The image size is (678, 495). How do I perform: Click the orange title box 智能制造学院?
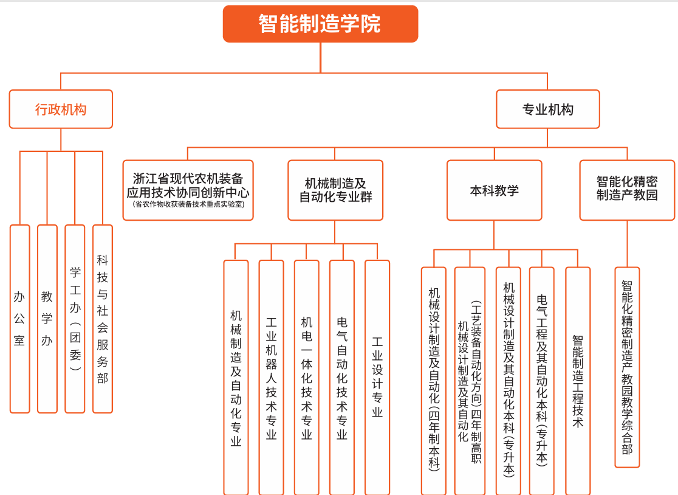pos(320,24)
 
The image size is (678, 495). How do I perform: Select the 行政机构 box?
pos(61,109)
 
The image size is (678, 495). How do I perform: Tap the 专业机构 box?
pos(548,109)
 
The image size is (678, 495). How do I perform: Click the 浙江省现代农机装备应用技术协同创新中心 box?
pos(188,190)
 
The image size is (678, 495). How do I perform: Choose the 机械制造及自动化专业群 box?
pos(335,190)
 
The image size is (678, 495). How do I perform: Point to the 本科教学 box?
pos(495,190)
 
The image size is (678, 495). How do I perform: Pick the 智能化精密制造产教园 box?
pos(627,190)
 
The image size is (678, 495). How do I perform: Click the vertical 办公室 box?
pos(20,319)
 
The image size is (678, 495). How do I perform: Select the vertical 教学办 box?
pos(47,319)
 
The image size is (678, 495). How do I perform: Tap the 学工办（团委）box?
pos(75,319)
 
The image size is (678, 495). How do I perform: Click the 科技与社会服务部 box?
pos(103,319)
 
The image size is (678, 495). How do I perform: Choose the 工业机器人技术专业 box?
pos(271,377)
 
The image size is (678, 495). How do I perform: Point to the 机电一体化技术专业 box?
pos(307,377)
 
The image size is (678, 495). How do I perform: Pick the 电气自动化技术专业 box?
pos(342,377)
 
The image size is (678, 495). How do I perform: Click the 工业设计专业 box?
pos(377,377)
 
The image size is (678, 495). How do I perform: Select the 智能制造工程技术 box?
pos(578,381)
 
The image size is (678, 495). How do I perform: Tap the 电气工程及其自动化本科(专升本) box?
pos(542,381)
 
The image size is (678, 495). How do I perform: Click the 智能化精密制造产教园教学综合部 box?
pos(627,367)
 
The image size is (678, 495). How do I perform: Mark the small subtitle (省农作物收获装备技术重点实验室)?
pos(188,204)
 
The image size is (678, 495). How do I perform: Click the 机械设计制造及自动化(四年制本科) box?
pos(434,381)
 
